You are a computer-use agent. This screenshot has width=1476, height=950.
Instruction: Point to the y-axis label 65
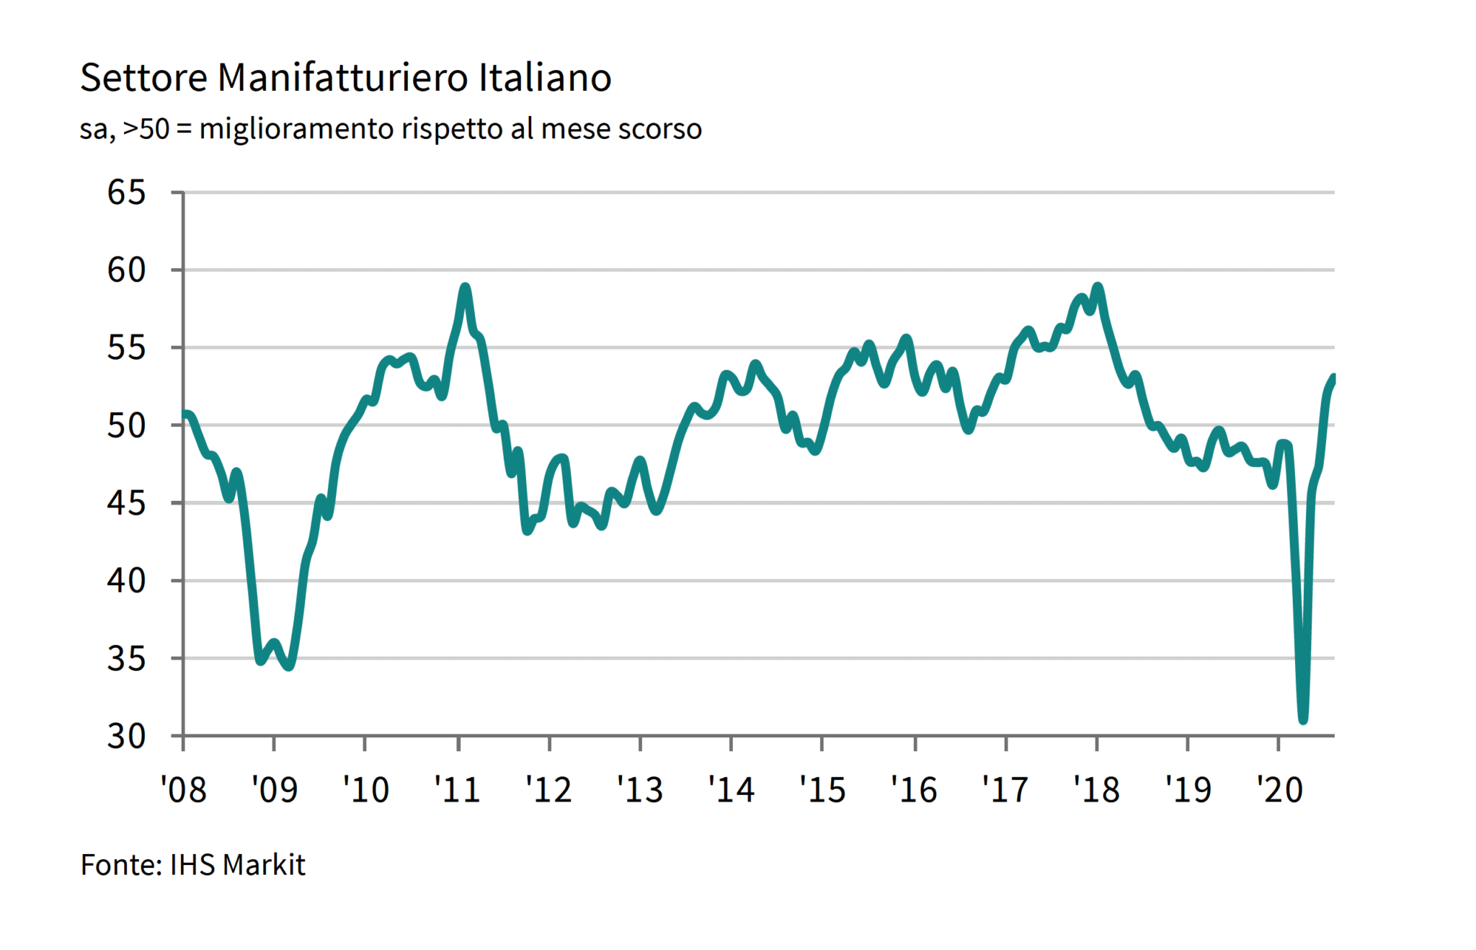(x=126, y=192)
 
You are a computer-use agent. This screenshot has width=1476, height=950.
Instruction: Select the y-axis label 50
(x=126, y=425)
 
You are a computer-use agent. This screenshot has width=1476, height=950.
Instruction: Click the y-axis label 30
(x=126, y=736)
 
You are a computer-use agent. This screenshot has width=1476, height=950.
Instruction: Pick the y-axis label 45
(x=126, y=503)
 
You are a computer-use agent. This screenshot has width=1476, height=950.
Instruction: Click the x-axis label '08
(x=183, y=789)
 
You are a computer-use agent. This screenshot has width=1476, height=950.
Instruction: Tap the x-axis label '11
(x=457, y=789)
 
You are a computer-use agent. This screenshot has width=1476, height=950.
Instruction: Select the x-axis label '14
(x=731, y=789)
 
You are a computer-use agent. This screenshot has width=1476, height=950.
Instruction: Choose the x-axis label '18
(x=1096, y=789)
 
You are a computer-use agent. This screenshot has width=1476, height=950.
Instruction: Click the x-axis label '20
(x=1279, y=789)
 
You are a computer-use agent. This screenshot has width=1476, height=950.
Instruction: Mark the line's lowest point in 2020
(x=1303, y=719)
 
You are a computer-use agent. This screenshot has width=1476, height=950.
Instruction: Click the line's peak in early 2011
(x=466, y=288)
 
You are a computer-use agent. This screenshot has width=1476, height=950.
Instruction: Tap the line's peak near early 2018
(x=1098, y=287)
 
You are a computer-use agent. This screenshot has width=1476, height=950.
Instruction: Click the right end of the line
(x=1333, y=377)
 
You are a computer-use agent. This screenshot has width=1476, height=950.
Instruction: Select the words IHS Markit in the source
(x=237, y=865)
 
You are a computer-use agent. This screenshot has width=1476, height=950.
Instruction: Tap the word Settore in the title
(x=143, y=78)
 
